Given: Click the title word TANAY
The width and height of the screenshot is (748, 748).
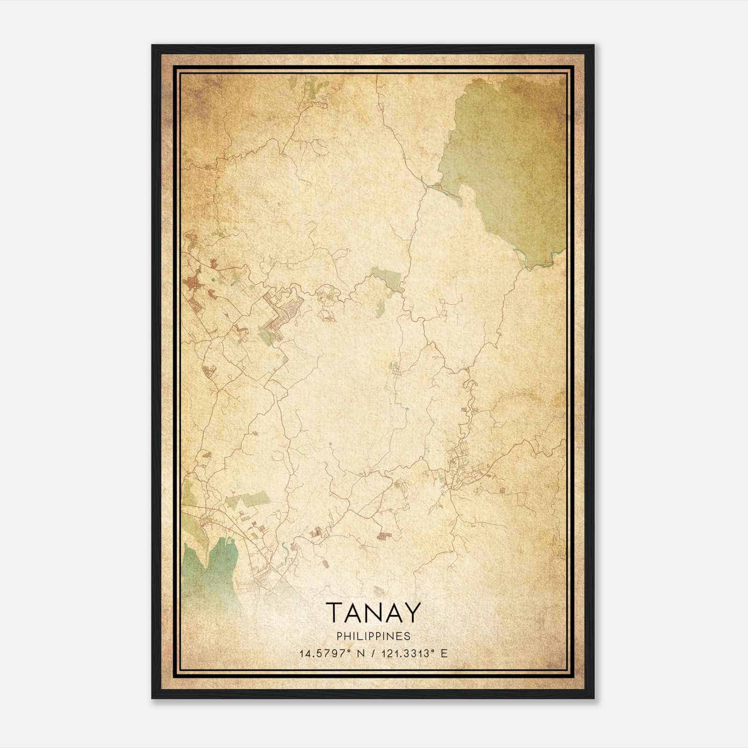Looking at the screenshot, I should (374, 612).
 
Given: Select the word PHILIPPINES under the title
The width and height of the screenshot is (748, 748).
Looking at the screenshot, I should (374, 636).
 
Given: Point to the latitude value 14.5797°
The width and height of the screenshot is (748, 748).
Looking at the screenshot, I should (325, 654).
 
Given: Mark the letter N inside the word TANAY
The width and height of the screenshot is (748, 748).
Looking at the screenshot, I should (374, 612).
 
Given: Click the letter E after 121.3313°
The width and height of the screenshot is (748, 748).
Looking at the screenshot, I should (444, 654).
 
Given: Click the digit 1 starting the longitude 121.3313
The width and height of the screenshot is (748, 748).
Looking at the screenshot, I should (383, 654).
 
